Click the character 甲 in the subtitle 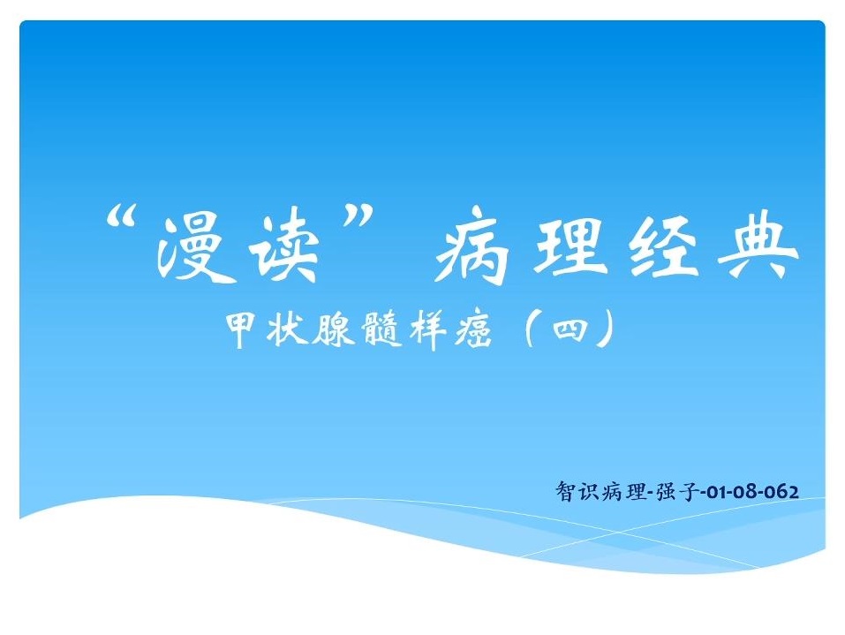point(242,329)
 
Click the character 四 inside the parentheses point(570,329)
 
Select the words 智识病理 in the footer point(601,492)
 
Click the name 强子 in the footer point(677,492)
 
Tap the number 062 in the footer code point(783,492)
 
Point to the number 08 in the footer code point(746,492)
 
